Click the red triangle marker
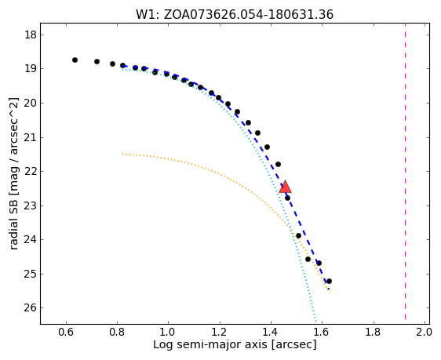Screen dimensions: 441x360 [x=285, y=187]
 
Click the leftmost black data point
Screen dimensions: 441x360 [x=75, y=60]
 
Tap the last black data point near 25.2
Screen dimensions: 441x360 [x=329, y=281]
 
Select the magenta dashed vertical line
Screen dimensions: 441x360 [x=405, y=172]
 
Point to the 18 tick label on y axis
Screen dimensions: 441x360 [x=31, y=35]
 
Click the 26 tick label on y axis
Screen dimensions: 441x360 [x=31, y=308]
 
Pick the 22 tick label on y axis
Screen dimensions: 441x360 [x=31, y=172]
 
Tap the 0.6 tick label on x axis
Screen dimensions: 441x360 [x=66, y=333]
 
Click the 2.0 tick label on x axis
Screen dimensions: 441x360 [x=424, y=333]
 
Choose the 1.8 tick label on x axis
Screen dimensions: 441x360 [x=373, y=333]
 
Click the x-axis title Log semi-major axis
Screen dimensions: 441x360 [x=235, y=344]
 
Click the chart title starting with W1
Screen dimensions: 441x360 [x=235, y=14]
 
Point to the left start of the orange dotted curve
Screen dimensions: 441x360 [x=123, y=155]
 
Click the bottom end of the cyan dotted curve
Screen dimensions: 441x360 [x=316, y=320]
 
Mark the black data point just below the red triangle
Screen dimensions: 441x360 [x=287, y=198]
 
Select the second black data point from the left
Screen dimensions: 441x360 [x=97, y=61]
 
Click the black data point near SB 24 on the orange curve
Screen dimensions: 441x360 [x=298, y=235]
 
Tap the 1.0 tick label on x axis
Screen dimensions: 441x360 [x=168, y=333]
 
